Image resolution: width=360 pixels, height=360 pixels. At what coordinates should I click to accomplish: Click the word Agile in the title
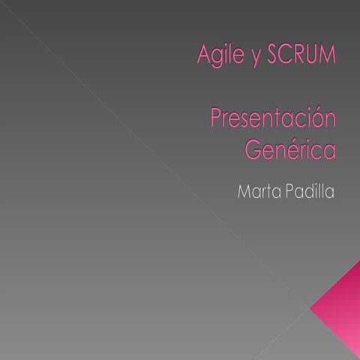[x=216, y=55]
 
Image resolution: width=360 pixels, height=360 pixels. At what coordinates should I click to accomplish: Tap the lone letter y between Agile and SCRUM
[x=251, y=57]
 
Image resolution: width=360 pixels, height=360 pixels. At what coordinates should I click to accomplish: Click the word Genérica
[x=289, y=148]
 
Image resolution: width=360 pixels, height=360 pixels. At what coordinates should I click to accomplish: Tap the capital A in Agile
[x=201, y=54]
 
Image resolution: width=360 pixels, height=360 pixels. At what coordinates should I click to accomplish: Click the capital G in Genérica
[x=253, y=148]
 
